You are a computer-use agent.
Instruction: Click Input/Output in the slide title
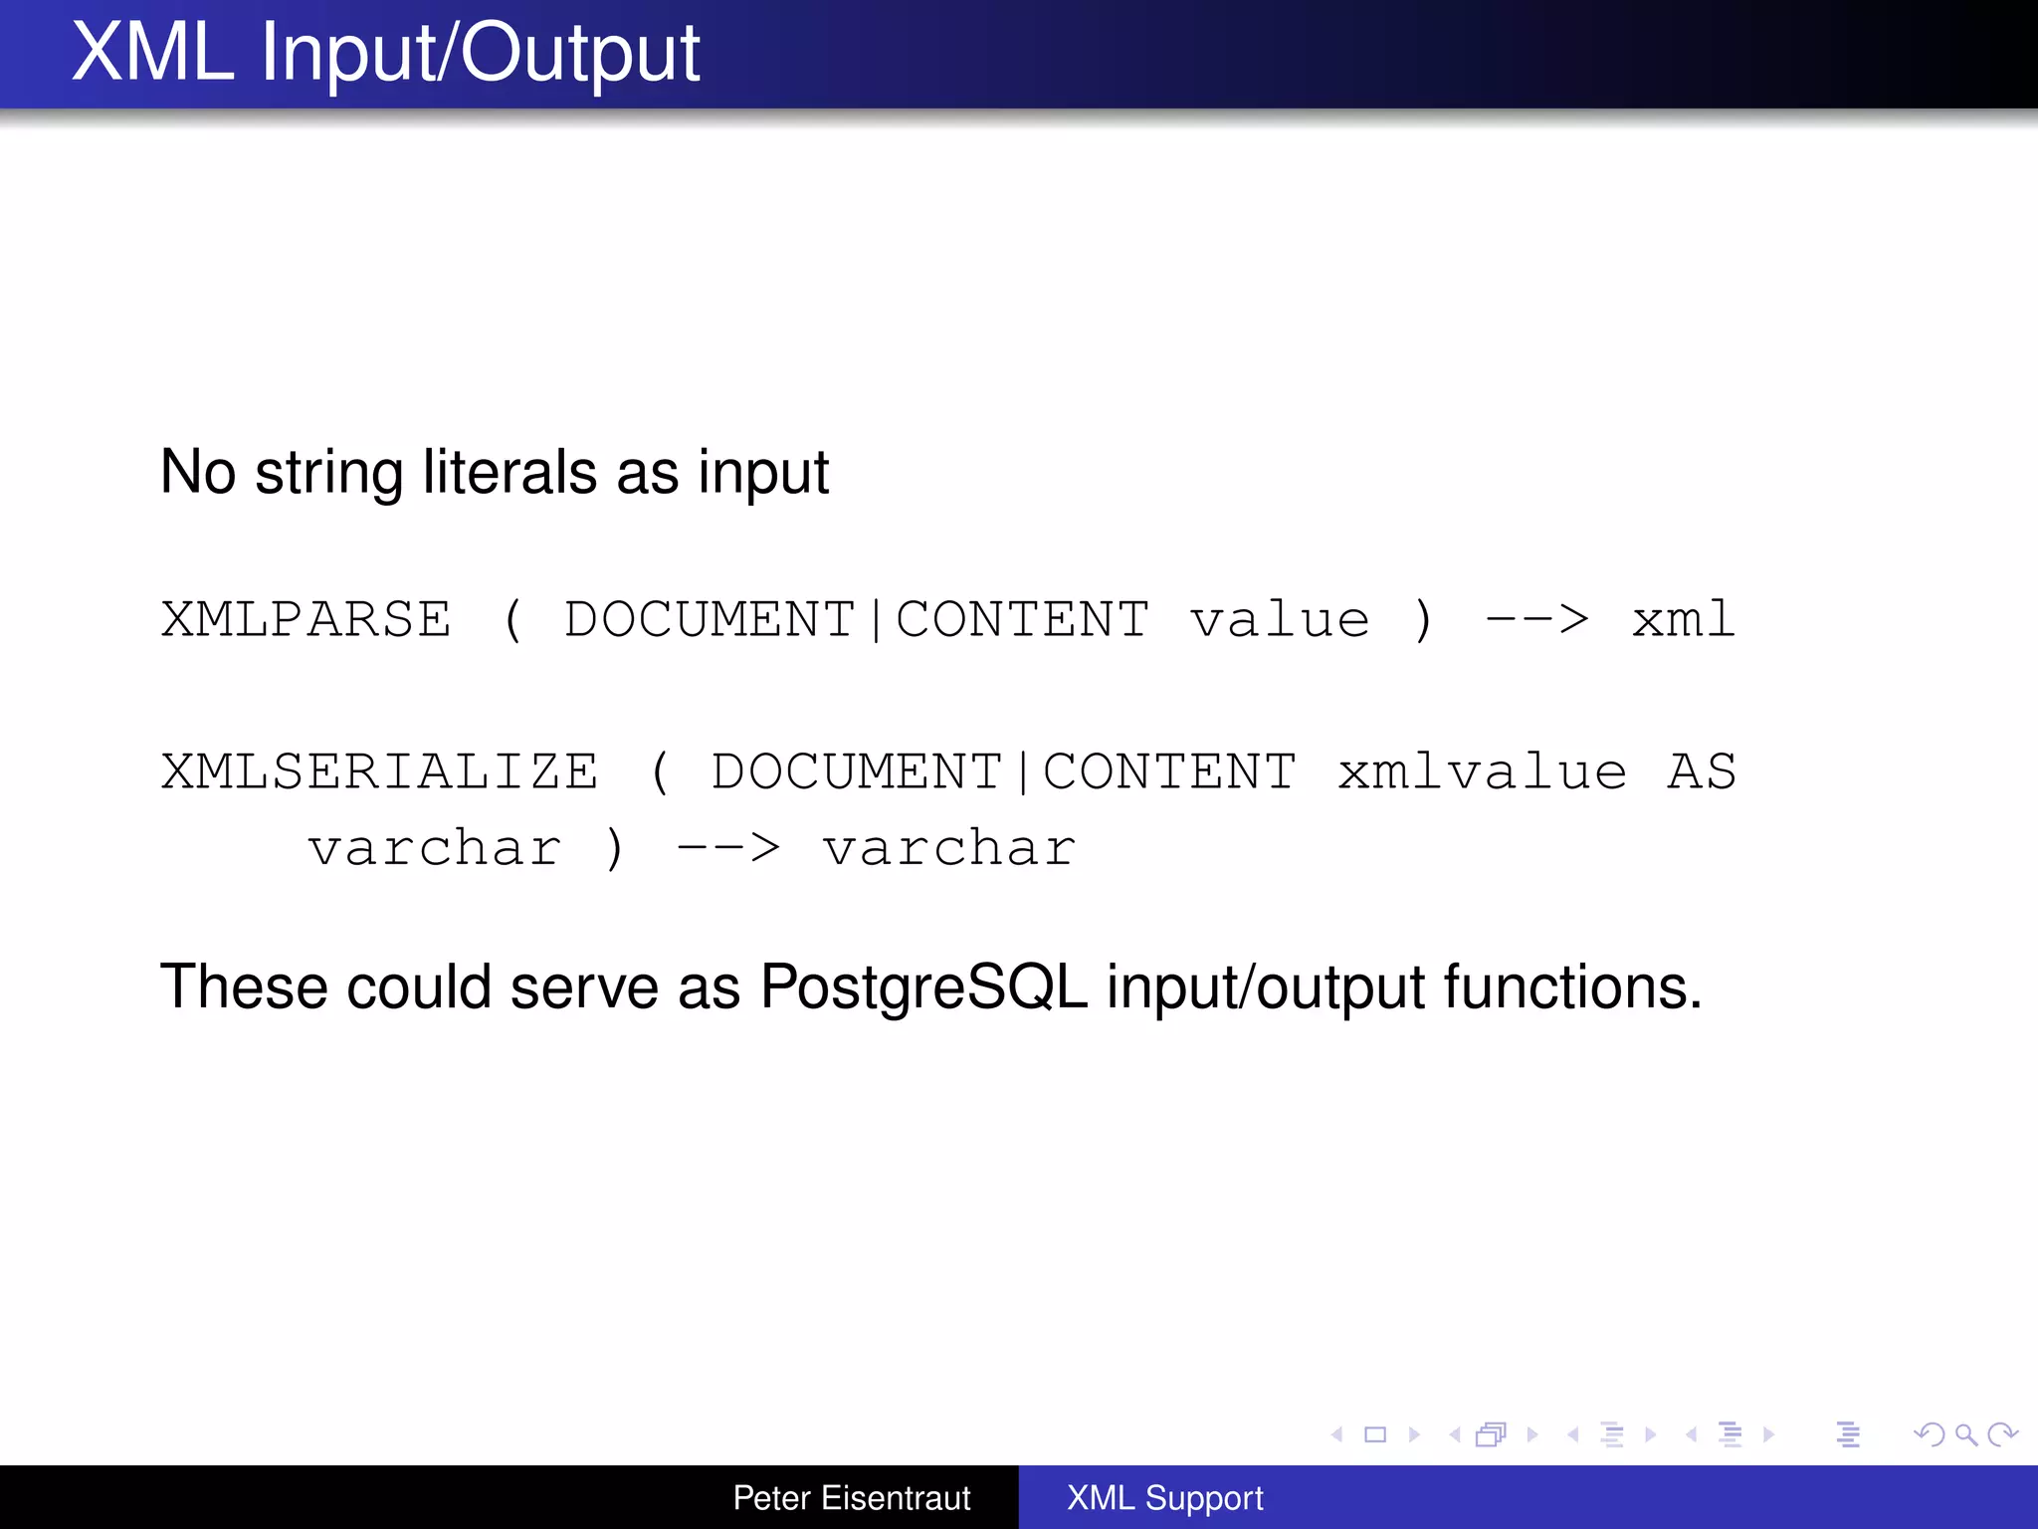coord(481,54)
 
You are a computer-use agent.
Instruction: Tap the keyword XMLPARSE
coord(306,619)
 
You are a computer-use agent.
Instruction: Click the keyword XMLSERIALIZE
coord(380,771)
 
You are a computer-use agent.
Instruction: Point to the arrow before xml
coord(1536,619)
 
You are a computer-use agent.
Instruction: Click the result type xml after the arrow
coord(1683,619)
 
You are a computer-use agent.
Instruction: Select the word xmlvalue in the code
coord(1482,771)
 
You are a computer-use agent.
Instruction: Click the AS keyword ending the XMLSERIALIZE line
coord(1702,771)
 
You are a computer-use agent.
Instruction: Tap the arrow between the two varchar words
coord(728,848)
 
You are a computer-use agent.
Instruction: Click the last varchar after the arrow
coord(949,848)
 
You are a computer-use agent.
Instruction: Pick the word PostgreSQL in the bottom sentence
coord(923,987)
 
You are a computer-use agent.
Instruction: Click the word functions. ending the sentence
coord(1572,987)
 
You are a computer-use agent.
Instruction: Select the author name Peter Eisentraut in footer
coord(852,1498)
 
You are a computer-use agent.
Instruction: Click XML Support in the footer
coord(1164,1498)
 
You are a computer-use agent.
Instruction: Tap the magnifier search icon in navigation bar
coord(1965,1434)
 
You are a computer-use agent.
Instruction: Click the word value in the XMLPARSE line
coord(1280,619)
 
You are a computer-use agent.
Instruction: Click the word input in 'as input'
coord(763,473)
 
